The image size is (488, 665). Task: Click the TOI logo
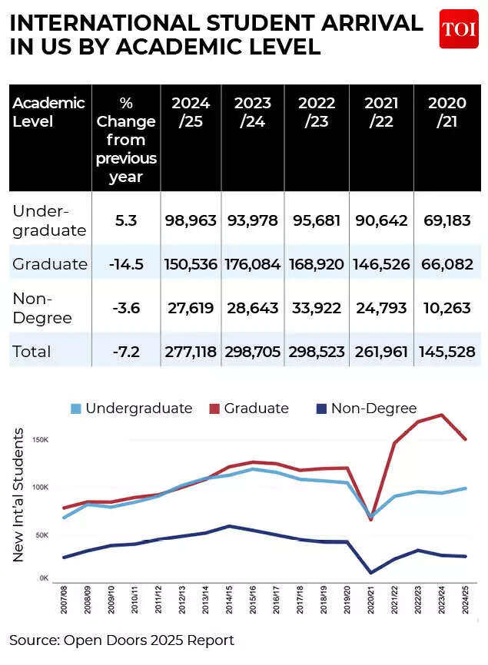pyautogui.click(x=458, y=29)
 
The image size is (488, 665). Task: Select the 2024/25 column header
pyautogui.click(x=191, y=112)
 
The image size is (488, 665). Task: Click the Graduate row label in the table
pyautogui.click(x=50, y=264)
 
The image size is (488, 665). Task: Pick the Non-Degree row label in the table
pyautogui.click(x=43, y=307)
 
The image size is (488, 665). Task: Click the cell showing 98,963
pyautogui.click(x=191, y=220)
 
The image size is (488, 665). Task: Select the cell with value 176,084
pyautogui.click(x=253, y=264)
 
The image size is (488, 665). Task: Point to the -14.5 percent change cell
pyautogui.click(x=126, y=264)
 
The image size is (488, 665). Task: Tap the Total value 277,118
pyautogui.click(x=191, y=352)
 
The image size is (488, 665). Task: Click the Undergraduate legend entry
pyautogui.click(x=130, y=409)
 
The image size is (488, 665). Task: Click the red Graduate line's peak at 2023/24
pyautogui.click(x=440, y=415)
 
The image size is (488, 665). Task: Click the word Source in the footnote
pyautogui.click(x=30, y=640)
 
